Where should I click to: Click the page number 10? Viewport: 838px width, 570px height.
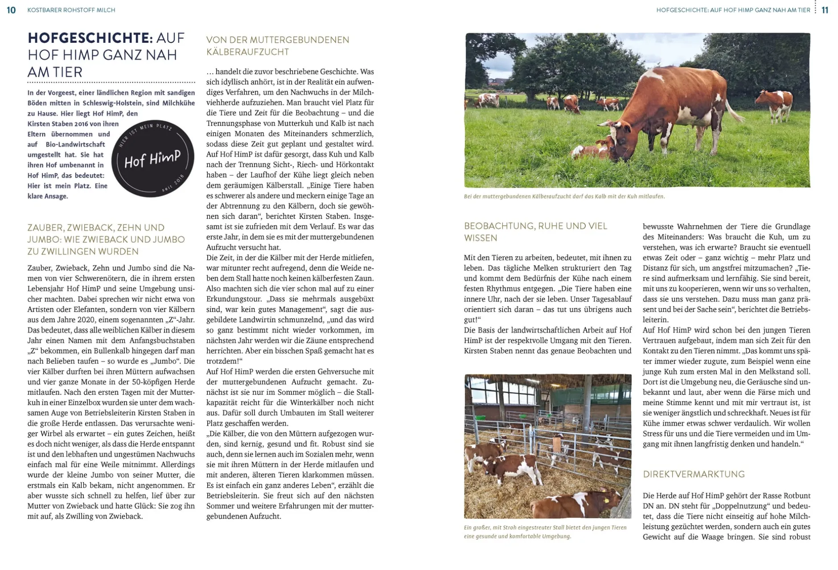11,10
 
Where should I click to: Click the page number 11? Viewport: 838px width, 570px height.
825,10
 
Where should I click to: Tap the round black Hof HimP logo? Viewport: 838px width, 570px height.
152,158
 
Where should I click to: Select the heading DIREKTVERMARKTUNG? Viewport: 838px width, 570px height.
694,474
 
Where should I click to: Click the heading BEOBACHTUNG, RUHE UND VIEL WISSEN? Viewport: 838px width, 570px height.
535,232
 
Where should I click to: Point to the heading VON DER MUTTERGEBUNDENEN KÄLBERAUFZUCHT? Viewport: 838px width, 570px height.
278,46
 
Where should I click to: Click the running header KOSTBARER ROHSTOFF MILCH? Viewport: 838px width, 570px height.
71,10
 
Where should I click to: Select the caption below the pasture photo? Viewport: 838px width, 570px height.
564,196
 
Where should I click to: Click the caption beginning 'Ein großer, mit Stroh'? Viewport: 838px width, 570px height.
545,532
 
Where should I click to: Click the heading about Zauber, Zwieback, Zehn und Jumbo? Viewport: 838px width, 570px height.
106,240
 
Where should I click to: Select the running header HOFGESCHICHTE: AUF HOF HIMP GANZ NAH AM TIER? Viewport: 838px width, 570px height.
733,10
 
